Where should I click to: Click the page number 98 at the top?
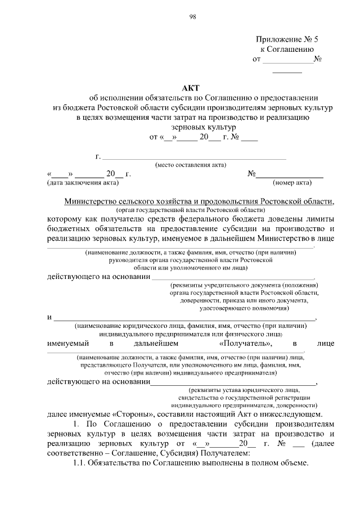192,17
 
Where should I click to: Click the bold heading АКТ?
192,87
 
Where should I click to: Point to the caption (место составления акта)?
191,165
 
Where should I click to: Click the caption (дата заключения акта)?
83,183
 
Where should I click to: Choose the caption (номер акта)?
292,183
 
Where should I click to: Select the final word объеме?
294,462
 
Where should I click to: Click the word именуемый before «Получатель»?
70,343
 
